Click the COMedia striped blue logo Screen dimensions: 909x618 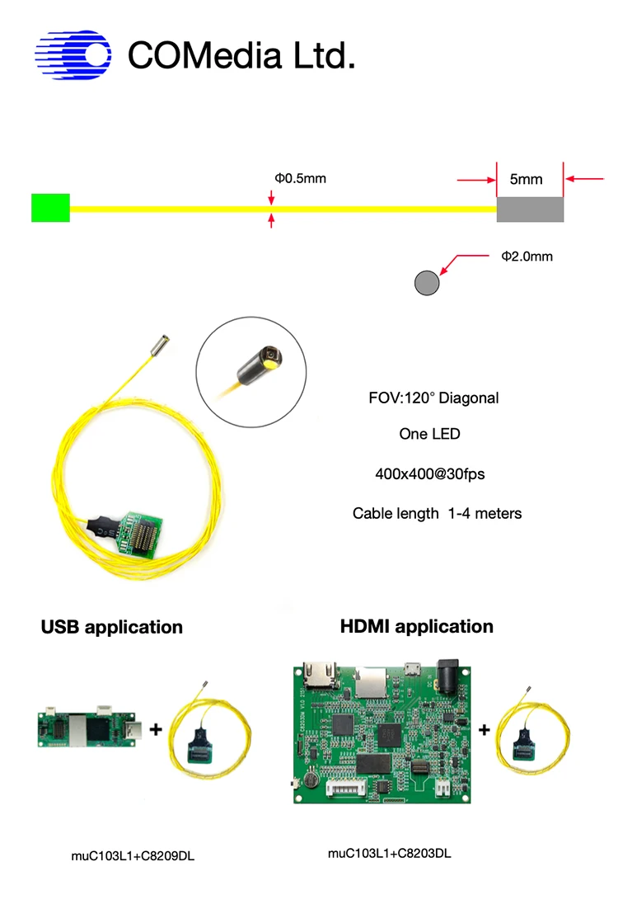[x=73, y=55]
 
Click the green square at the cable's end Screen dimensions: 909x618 [x=50, y=208]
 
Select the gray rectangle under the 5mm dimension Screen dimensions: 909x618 [x=530, y=209]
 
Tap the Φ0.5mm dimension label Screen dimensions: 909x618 [x=301, y=178]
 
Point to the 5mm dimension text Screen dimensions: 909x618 [x=526, y=179]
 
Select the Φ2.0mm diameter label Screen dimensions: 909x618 [x=527, y=257]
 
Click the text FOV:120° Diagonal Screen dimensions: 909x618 [x=433, y=398]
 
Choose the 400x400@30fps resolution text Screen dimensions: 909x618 [x=433, y=474]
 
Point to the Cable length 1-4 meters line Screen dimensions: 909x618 [x=437, y=513]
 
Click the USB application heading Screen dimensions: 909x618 [x=112, y=627]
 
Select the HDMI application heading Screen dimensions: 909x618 [x=417, y=626]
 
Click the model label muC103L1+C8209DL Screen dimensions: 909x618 [x=133, y=856]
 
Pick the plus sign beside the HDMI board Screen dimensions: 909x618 [x=485, y=729]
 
